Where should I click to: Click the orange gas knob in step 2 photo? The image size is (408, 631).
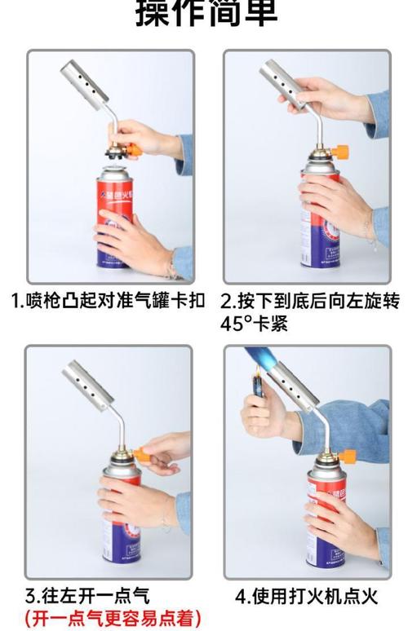click(341, 152)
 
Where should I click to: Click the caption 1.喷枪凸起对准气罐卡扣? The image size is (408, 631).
click(108, 301)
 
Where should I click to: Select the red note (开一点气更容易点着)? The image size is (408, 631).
click(113, 619)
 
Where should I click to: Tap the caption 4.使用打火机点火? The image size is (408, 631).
click(307, 596)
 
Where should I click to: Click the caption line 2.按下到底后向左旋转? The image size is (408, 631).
click(310, 301)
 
